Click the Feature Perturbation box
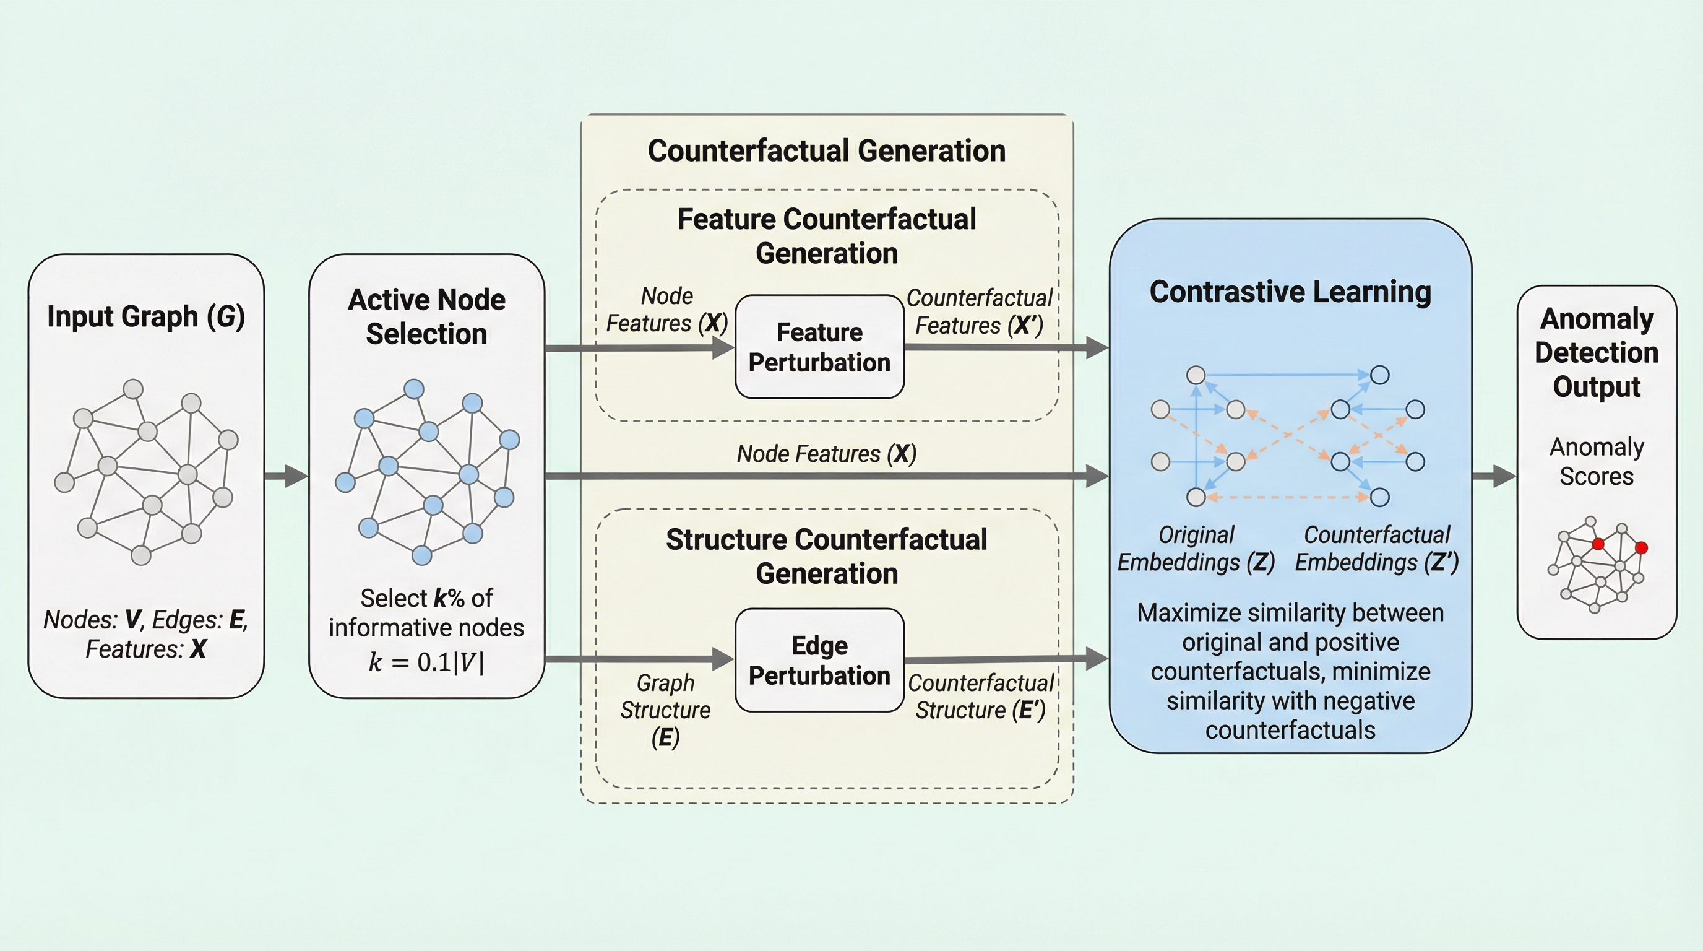[819, 347]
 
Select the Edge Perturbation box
[819, 660]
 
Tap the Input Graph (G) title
[146, 317]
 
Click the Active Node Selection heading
[426, 317]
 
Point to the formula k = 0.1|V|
[426, 662]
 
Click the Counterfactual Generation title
[826, 151]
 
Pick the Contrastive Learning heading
[1290, 292]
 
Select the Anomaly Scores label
[1597, 462]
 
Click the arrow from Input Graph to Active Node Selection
[287, 475]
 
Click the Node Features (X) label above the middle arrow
[826, 454]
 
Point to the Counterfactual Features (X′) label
[979, 311]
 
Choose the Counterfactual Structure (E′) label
[980, 697]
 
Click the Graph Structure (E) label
[665, 710]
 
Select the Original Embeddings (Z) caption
[1196, 548]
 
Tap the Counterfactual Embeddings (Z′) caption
[1376, 548]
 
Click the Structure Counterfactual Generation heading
[826, 556]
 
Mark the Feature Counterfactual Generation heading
[826, 236]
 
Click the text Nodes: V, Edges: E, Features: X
[146, 634]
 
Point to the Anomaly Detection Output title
[1597, 352]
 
